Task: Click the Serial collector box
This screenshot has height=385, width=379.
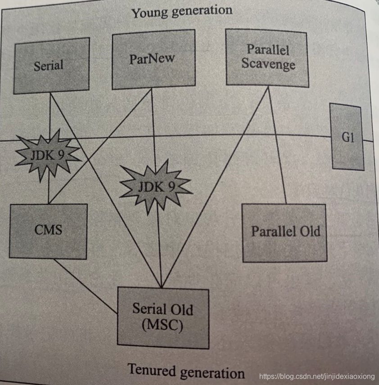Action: (51, 66)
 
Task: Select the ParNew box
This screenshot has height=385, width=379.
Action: (153, 59)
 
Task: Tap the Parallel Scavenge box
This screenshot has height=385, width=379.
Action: (267, 57)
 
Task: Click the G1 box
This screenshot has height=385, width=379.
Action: (347, 137)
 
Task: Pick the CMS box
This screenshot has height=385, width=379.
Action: (48, 231)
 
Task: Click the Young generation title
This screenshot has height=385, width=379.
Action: (182, 11)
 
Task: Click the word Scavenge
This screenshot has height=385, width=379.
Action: (268, 63)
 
